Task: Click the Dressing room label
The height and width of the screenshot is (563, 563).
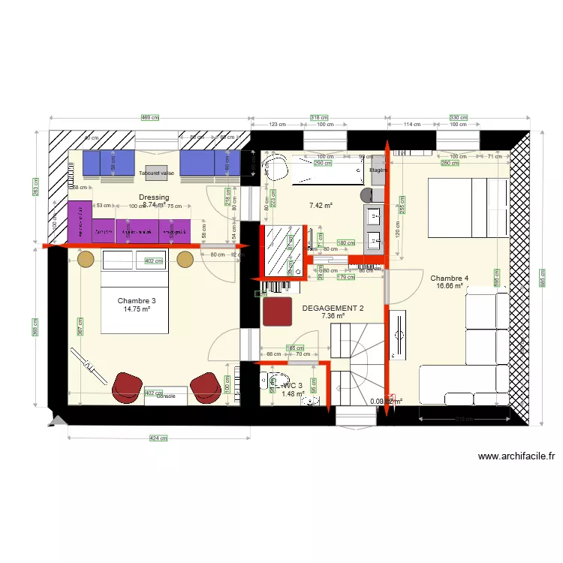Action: point(154,197)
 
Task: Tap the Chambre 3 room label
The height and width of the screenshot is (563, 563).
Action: point(137,300)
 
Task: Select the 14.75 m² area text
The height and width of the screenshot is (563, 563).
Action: point(137,309)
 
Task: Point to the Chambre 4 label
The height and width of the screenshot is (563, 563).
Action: point(450,278)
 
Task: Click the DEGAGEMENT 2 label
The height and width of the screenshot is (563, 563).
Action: point(333,308)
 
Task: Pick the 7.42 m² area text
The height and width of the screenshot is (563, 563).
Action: point(321,204)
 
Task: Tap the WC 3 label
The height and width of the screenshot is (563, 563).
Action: point(293,386)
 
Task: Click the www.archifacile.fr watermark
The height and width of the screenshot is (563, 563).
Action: point(516,456)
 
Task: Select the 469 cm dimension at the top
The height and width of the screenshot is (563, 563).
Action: point(150,117)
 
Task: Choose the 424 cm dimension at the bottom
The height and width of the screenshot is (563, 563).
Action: point(158,438)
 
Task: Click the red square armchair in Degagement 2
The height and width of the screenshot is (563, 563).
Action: point(278,312)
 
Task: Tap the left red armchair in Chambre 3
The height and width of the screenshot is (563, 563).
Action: point(126,386)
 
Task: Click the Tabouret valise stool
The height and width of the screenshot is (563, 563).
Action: point(157,173)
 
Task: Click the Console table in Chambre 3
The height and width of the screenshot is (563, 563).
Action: point(166,396)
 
